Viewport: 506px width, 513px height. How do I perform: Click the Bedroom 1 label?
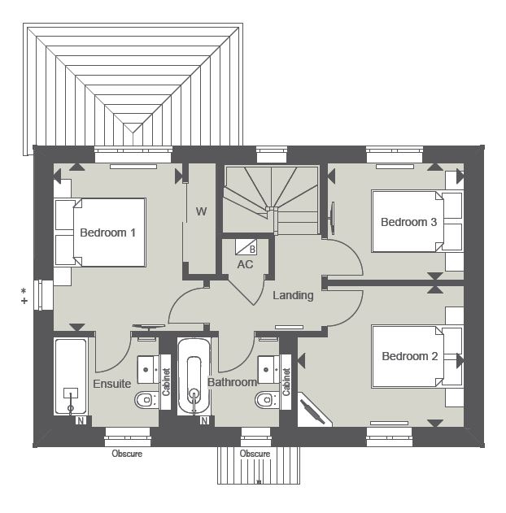(x=107, y=233)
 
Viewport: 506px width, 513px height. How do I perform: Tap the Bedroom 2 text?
(x=410, y=356)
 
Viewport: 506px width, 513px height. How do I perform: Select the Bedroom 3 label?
(x=409, y=222)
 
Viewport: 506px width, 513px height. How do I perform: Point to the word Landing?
(x=293, y=295)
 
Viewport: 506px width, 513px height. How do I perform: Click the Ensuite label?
(x=112, y=384)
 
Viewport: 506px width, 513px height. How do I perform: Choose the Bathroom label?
(x=233, y=382)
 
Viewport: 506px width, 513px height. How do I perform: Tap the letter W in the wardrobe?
(x=201, y=212)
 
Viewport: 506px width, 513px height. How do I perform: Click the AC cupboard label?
(x=245, y=264)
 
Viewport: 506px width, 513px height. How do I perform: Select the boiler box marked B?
(x=252, y=248)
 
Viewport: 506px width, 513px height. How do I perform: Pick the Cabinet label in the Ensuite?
(x=166, y=382)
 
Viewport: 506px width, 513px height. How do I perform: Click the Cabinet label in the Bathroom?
(x=286, y=382)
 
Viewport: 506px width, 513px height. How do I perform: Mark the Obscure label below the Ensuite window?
(x=127, y=454)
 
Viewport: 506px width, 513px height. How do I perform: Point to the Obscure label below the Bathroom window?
(x=255, y=454)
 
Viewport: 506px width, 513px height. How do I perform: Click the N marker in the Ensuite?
(x=80, y=420)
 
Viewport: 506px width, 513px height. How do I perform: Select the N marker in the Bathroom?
(x=203, y=420)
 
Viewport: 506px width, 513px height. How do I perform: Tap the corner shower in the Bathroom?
(x=317, y=411)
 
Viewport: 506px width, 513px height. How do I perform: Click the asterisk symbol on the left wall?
(x=24, y=290)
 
